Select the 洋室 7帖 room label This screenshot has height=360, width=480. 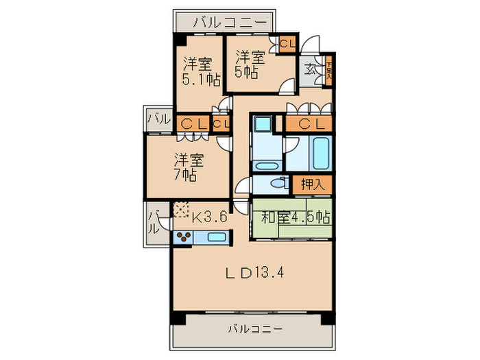(x=187, y=167)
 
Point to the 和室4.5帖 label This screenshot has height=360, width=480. (x=296, y=218)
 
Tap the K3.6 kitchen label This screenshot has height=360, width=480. (x=208, y=218)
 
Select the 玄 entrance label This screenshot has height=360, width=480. (x=311, y=69)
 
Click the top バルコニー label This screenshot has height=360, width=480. (x=228, y=23)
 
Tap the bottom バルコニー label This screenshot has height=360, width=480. (x=254, y=329)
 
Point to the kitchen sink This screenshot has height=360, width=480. (x=217, y=238)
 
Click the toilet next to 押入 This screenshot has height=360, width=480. (x=277, y=184)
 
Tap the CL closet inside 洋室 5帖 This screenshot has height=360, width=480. (x=287, y=43)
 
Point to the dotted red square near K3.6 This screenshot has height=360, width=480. (x=181, y=209)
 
